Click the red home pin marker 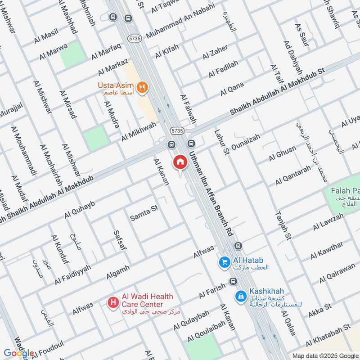180,162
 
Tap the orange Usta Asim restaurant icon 142,87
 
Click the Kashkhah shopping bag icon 241,296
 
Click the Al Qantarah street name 293,176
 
